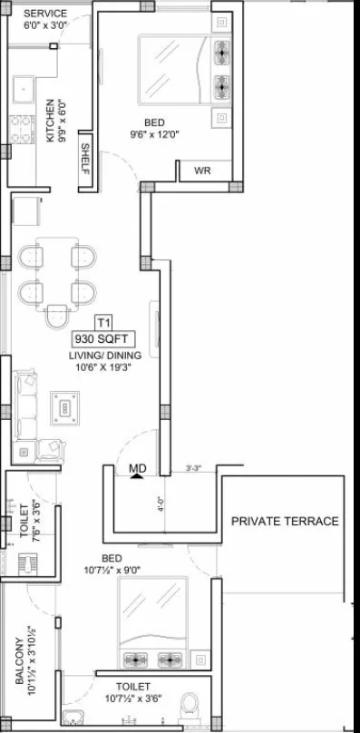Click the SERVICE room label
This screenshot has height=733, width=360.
pos(45,14)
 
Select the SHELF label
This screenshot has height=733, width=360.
pos(85,158)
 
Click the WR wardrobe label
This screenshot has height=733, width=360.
pos(202,171)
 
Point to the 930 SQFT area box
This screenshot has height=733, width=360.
pos(103,338)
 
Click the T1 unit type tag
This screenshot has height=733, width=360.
pos(103,322)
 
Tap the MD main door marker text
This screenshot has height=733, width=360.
pos(138,468)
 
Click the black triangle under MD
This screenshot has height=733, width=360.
pos(137,476)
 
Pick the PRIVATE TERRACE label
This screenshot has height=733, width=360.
pos(286,521)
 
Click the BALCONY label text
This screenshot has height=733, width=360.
pos(19,660)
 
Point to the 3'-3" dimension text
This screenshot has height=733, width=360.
pos(194,467)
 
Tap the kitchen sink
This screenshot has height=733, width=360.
pos(23,90)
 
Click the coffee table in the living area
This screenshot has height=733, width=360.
pos(65,408)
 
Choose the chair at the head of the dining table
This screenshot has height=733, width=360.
pos(57,317)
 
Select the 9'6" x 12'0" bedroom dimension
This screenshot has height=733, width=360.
pos(155,134)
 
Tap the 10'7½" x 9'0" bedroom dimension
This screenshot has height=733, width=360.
pos(112,570)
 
